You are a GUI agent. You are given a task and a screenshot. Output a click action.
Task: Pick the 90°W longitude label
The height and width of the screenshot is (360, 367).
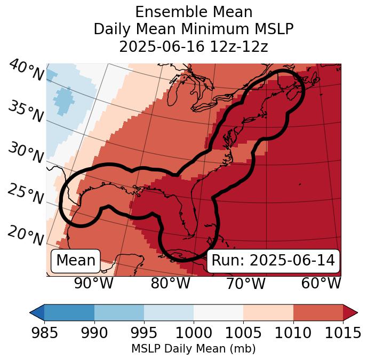[94, 283]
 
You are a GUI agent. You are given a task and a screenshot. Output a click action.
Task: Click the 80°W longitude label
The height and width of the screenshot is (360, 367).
[170, 283]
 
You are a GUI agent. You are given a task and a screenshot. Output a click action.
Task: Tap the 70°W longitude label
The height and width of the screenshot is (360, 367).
[246, 283]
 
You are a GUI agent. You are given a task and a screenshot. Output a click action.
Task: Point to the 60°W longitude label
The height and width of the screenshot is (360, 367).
[321, 283]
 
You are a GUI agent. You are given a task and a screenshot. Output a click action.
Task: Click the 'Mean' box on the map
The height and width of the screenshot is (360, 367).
[76, 261]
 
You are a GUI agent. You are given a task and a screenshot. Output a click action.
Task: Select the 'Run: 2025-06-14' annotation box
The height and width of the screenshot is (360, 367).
[273, 261]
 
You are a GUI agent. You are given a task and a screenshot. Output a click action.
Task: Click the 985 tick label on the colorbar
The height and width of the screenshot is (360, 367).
[44, 333]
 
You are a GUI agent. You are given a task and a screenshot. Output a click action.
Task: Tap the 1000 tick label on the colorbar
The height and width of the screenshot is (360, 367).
[194, 333]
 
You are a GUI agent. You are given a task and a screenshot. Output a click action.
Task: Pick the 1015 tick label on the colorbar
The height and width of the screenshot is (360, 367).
[343, 333]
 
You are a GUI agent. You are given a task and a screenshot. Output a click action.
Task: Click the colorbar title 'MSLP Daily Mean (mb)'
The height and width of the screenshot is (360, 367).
[193, 349]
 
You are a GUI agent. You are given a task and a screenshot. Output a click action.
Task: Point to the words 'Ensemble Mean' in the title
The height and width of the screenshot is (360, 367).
[194, 12]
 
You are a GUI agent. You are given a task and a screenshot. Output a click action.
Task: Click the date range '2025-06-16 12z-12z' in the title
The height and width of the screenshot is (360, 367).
[194, 46]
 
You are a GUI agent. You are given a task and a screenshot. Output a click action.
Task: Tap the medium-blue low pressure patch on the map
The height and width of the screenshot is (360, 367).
[63, 99]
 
